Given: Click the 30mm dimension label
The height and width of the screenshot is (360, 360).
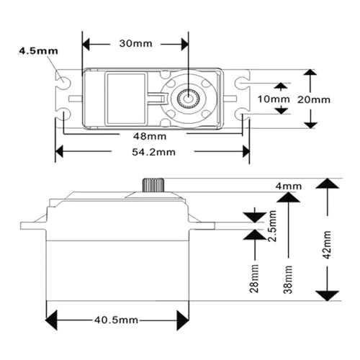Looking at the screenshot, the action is (x=136, y=44).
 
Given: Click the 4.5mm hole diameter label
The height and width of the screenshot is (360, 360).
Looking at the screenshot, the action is (x=38, y=51).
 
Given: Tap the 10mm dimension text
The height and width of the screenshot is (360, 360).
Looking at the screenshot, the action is (x=274, y=99).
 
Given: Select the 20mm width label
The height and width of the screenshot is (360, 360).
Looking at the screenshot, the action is (x=314, y=99).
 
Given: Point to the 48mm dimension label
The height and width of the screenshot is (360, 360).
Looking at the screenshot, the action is (x=150, y=136).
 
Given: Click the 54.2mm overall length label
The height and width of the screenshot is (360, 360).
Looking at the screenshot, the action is (x=153, y=152).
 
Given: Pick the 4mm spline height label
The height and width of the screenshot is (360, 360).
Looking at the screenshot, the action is (x=289, y=186).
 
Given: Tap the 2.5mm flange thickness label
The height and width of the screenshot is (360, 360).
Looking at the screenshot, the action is (x=273, y=226).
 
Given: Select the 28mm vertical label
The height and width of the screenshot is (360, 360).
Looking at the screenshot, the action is (x=254, y=279).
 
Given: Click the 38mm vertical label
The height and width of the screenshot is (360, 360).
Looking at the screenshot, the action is (x=288, y=279).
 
